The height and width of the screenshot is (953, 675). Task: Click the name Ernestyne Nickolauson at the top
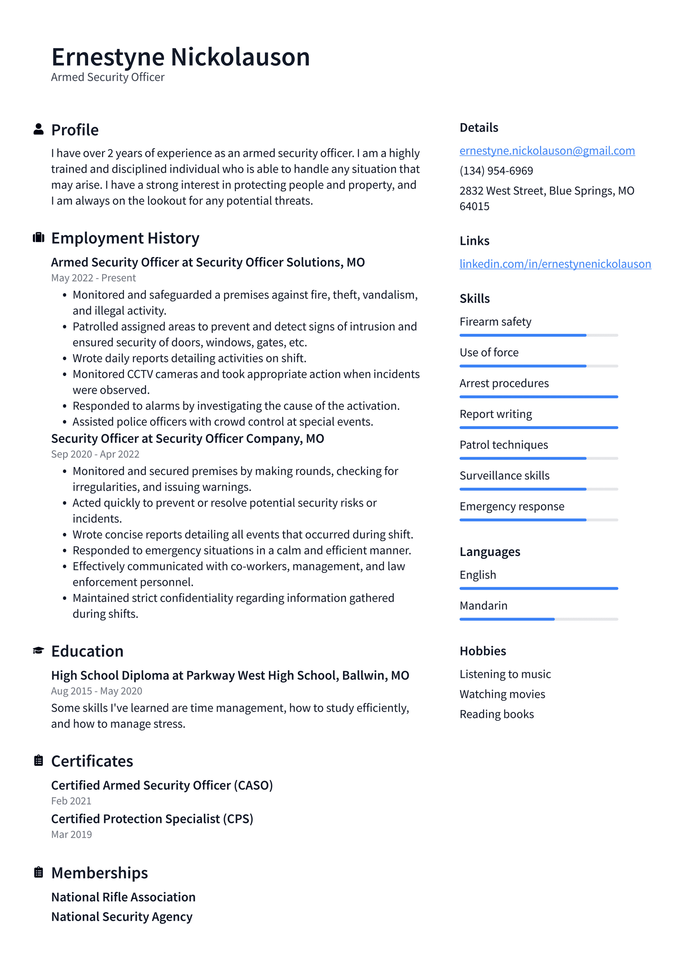[180, 57]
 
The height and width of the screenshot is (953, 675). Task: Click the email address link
[547, 150]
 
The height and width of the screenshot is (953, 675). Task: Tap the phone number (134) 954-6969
[496, 171]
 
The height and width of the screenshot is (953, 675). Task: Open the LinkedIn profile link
[555, 264]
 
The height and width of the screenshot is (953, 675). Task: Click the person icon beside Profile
[38, 129]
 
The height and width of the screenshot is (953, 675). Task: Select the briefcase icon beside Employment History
[38, 237]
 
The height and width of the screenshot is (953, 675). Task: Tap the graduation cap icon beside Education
[38, 650]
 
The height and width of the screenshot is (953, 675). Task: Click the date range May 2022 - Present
[93, 278]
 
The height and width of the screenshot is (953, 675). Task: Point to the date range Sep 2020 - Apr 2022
[95, 454]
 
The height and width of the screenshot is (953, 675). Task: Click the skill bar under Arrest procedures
[538, 397]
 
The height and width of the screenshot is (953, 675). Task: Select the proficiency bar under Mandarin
[538, 619]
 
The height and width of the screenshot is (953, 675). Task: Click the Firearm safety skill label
[495, 322]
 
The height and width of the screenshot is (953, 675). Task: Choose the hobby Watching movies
[502, 694]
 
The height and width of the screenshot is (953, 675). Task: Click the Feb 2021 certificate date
[71, 800]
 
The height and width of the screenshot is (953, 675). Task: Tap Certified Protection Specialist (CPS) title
[152, 819]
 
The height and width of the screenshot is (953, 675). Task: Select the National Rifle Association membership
[123, 897]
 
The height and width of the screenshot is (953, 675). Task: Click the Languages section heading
[489, 552]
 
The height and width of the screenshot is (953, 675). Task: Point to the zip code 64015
[474, 206]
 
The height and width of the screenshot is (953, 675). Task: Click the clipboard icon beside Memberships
[38, 872]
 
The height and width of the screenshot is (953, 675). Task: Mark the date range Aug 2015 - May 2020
[97, 691]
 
